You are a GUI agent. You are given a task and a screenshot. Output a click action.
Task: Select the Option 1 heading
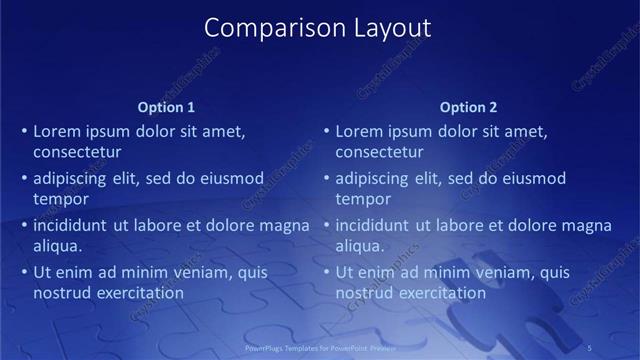(166, 107)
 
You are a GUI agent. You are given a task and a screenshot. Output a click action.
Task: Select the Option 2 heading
(468, 107)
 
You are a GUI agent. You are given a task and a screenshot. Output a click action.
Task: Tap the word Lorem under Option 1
(56, 130)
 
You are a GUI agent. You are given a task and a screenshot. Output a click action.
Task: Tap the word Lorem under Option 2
(358, 130)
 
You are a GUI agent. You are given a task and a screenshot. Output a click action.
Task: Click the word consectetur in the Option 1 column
(77, 152)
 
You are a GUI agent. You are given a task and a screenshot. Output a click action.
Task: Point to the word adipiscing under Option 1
(72, 178)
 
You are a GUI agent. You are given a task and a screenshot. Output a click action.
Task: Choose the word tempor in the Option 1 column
(61, 199)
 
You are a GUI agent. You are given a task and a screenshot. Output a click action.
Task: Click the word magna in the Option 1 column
(285, 225)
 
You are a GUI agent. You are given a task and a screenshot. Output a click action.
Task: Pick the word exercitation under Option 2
(440, 293)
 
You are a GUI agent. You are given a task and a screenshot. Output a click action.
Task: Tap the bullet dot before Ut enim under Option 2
(326, 272)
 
